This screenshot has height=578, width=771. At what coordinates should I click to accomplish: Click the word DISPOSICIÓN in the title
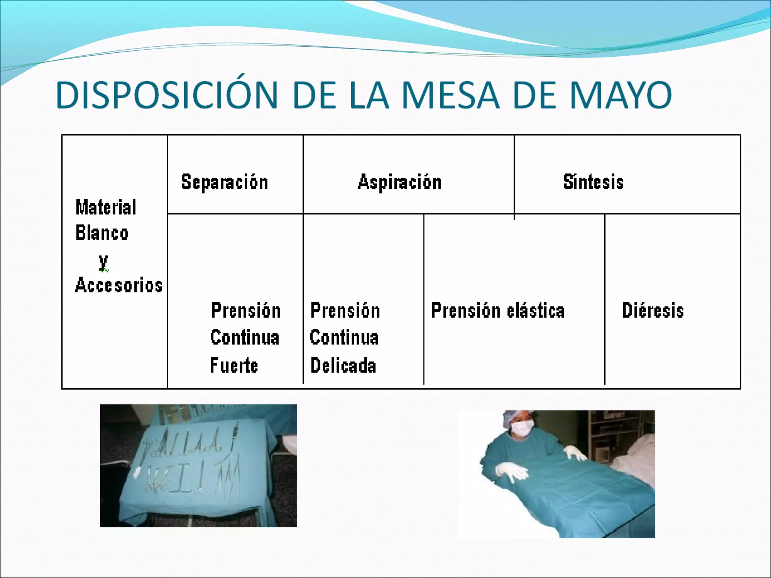click(x=167, y=95)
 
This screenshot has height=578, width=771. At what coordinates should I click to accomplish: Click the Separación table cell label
click(x=225, y=182)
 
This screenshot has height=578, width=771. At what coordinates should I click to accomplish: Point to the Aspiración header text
click(x=399, y=182)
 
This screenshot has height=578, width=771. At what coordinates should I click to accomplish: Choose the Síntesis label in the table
click(x=593, y=182)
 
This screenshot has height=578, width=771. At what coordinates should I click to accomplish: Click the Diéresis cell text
click(x=653, y=311)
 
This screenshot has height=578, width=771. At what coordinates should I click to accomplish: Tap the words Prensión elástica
click(x=498, y=311)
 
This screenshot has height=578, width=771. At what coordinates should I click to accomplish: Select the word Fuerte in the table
click(x=234, y=365)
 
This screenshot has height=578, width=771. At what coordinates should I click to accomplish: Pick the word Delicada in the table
click(x=343, y=365)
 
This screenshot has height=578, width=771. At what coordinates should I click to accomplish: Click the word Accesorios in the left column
click(x=119, y=285)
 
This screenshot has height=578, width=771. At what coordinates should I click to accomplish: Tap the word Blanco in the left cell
click(x=102, y=233)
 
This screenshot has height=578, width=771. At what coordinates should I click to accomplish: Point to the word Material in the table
click(x=106, y=207)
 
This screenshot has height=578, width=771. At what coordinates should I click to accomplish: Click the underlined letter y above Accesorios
click(x=104, y=262)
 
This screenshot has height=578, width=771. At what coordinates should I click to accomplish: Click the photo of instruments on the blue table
click(x=198, y=465)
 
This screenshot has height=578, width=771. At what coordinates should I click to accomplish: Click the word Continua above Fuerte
click(x=245, y=338)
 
